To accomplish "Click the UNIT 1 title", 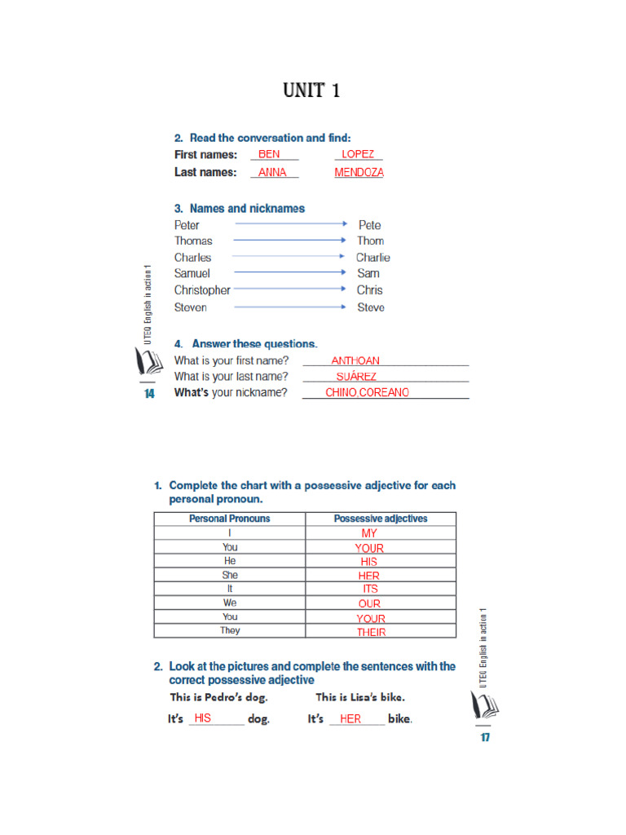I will coord(311,91).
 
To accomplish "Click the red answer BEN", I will coord(269,154).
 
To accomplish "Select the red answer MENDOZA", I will coord(359,173).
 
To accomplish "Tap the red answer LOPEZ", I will coord(358,154).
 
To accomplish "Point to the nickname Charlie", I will coord(373,258).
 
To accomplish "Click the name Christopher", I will coord(202,290).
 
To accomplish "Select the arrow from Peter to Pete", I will coord(291,223).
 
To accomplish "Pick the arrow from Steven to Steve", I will coord(291,307).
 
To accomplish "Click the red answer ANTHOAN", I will coord(355,360).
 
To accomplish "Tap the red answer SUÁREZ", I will coord(356,377).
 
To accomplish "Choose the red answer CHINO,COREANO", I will coord(367,392).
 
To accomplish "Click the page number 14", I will coord(149,394).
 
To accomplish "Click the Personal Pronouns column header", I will coord(229,519).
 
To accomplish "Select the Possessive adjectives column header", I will coord(381,519).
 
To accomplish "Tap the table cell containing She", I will coord(230,575).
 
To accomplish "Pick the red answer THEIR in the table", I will coord(371,632).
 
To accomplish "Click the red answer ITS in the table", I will coord(371,589).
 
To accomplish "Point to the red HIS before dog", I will coord(203,718).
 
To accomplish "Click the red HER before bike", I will coord(350,719).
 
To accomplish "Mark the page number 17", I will coord(485,738).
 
